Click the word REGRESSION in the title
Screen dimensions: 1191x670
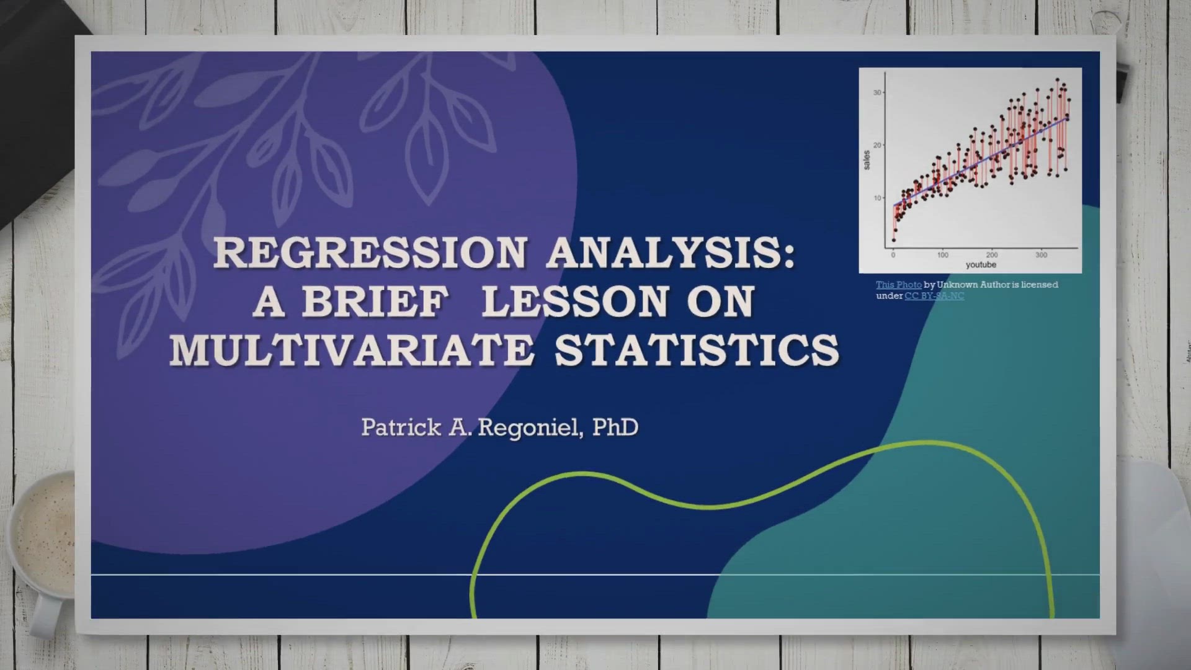pos(370,253)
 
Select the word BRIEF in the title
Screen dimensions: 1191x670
pos(375,301)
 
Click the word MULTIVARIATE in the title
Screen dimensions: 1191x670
pos(352,350)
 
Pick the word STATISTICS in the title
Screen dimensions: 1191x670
pos(697,350)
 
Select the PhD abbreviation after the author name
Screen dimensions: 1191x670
pos(615,427)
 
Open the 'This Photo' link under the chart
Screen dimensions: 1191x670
pos(899,285)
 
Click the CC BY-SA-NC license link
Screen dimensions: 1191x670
pos(934,296)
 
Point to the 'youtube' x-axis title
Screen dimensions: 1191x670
pos(981,265)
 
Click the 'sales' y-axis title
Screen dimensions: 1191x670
pos(867,160)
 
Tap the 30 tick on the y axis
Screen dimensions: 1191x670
pos(877,92)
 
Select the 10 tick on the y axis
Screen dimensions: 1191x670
pos(877,198)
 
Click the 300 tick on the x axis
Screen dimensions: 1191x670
pos(1042,255)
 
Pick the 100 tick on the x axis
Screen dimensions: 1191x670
pos(943,255)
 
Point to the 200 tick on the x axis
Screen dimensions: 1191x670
pos(992,255)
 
